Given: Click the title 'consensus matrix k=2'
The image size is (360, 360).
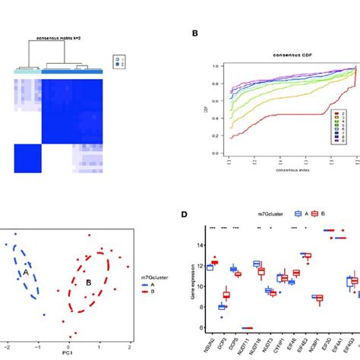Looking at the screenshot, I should click(64, 36).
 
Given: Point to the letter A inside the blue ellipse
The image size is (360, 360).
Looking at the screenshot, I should click(27, 271).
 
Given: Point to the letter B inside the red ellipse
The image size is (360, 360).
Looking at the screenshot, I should click(89, 283).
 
